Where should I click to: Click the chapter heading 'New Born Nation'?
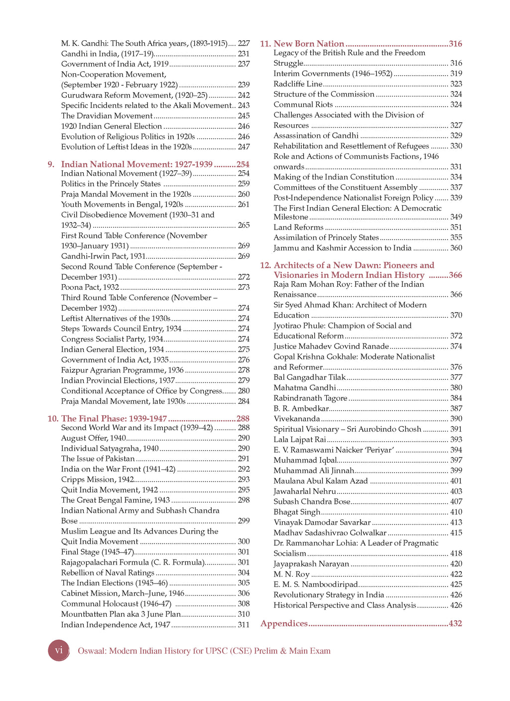click(309, 44)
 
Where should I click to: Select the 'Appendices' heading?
click(284, 623)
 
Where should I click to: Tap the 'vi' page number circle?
click(59, 650)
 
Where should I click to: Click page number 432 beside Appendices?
click(455, 623)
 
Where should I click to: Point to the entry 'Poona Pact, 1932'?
click(90, 287)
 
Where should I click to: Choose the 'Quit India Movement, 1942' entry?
click(110, 490)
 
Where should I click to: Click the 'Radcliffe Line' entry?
click(298, 84)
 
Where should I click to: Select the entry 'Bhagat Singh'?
click(297, 512)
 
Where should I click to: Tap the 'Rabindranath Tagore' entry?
click(310, 398)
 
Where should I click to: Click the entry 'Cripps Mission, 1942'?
click(98, 479)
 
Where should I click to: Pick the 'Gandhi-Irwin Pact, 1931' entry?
click(104, 256)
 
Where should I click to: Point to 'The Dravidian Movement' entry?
click(107, 116)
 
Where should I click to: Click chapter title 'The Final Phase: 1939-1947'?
click(114, 419)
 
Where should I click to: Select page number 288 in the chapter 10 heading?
click(243, 419)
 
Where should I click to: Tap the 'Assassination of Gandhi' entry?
click(316, 135)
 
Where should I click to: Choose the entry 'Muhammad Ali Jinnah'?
click(314, 470)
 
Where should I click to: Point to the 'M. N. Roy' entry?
click(291, 574)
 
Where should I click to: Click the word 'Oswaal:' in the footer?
click(92, 651)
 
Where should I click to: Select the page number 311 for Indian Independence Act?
click(244, 625)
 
